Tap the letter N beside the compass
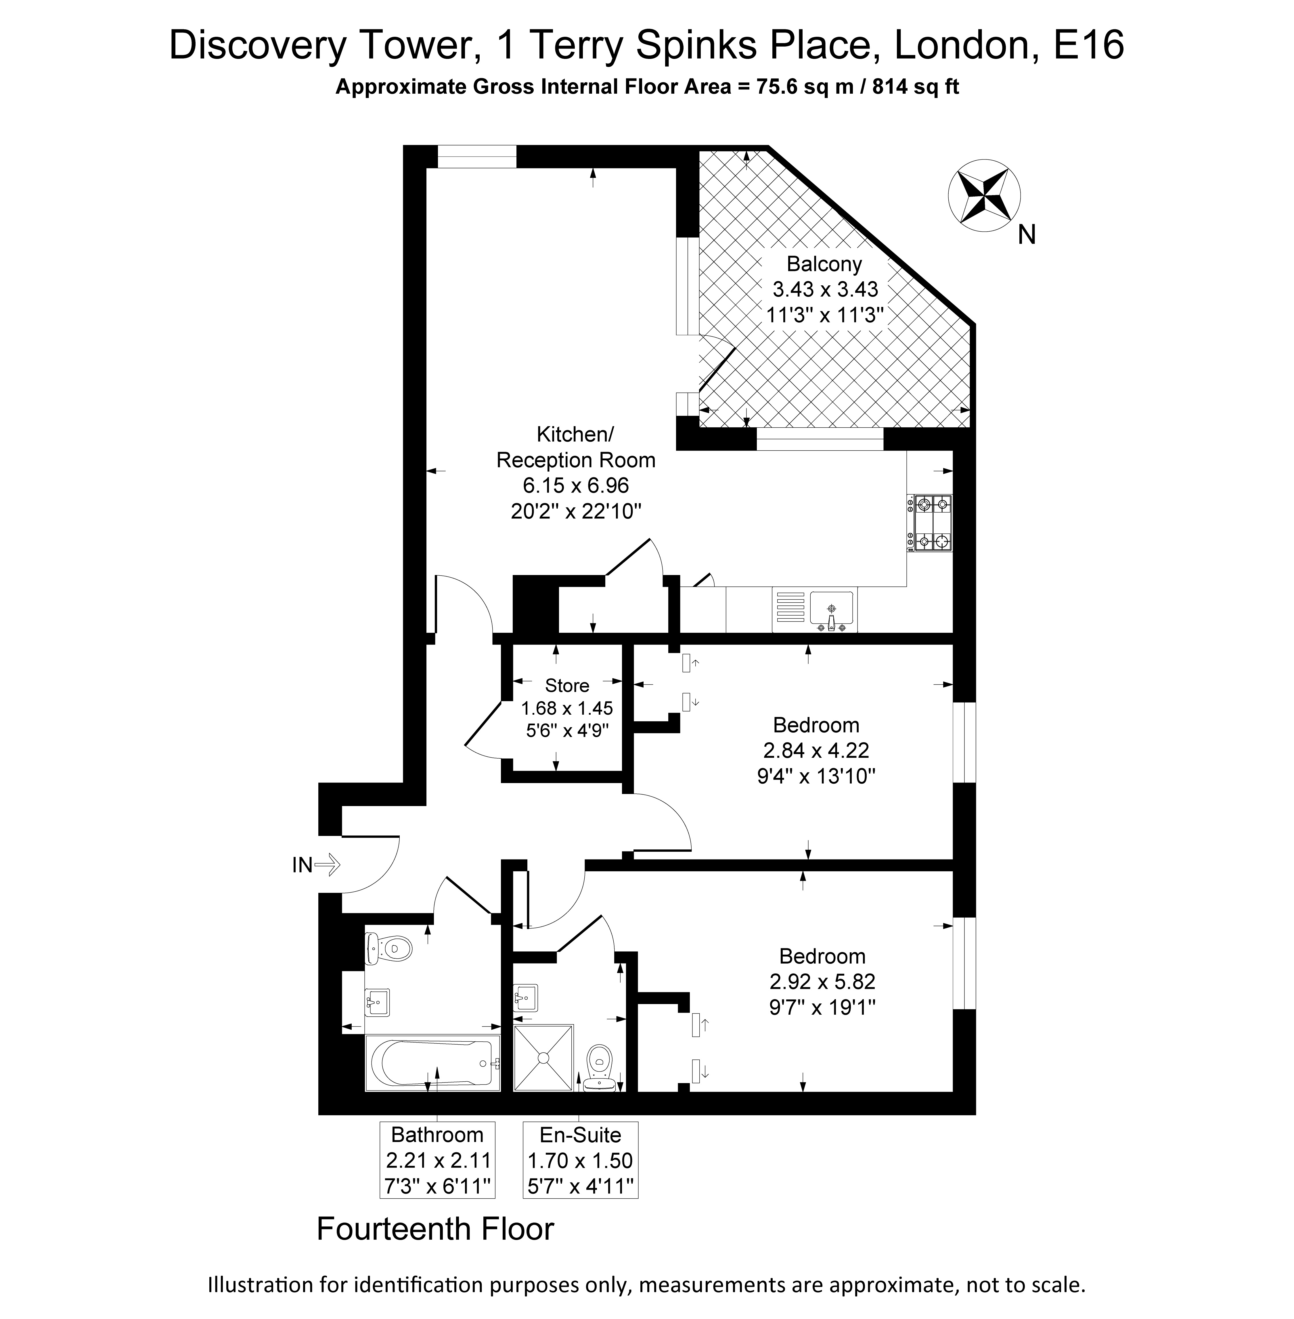click(1027, 235)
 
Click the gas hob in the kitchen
click(933, 523)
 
